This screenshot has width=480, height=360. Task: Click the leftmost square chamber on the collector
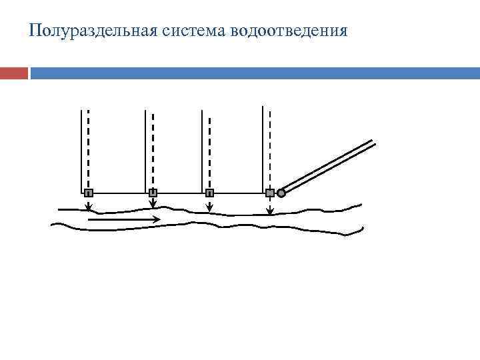[89, 193]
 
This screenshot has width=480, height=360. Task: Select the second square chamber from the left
[153, 193]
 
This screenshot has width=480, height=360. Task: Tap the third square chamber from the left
[209, 193]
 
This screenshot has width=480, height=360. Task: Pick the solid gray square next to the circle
[269, 193]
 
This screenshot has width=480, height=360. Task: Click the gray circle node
[281, 193]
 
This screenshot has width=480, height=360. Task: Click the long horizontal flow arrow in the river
[124, 219]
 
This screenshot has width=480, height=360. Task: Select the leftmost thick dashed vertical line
[89, 147]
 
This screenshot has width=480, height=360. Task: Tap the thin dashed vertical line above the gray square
[269, 147]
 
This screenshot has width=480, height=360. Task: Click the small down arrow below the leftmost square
[89, 205]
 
